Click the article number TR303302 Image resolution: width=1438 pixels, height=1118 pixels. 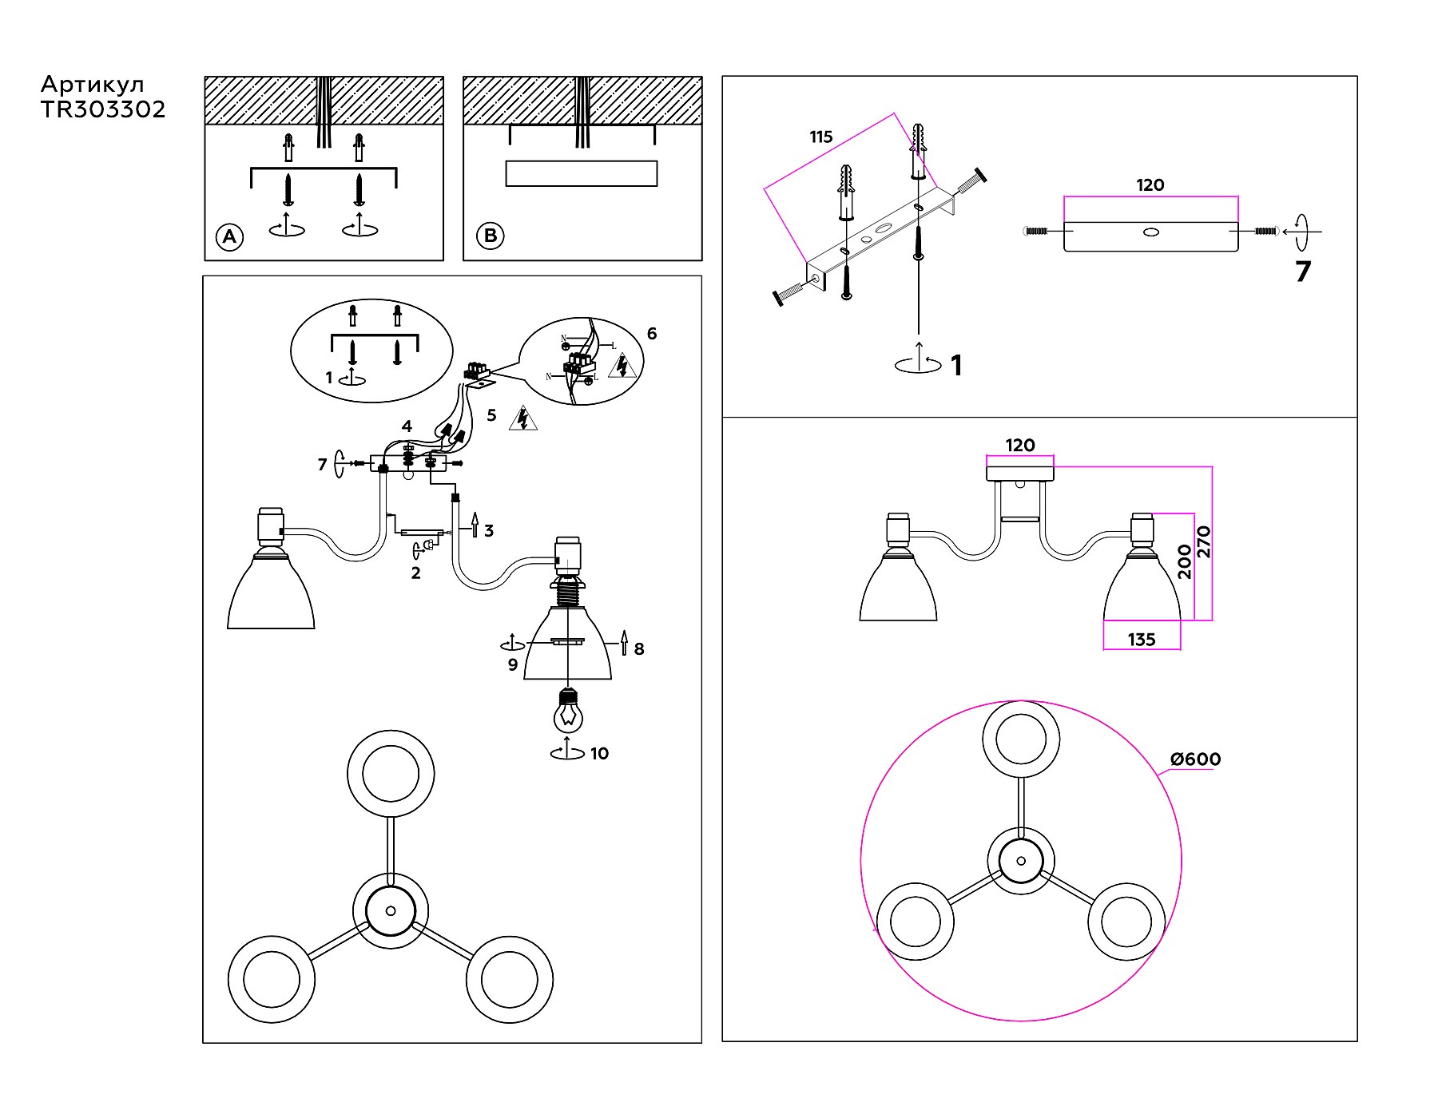103,109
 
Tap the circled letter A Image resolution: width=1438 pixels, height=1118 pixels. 230,236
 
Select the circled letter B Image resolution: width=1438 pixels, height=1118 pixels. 491,236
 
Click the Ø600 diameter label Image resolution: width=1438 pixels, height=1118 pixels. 1195,759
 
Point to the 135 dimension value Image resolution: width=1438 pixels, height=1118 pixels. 1142,640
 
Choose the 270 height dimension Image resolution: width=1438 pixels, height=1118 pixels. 1204,541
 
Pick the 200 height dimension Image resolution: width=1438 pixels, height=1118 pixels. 1184,561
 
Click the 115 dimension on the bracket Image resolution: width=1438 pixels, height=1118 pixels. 820,137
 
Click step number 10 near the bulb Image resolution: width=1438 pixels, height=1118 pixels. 599,754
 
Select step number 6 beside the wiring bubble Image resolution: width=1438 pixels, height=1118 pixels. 652,334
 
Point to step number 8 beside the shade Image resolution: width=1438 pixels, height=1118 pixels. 639,649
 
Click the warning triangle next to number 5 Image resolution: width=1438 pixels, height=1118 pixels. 523,418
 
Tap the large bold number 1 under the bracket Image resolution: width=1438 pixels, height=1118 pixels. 956,366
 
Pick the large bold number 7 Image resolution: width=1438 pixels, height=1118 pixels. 1303,272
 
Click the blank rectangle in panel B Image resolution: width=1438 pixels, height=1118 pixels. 582,173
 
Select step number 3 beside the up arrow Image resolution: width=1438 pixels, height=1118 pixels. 489,531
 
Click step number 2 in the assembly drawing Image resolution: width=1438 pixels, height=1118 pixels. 415,573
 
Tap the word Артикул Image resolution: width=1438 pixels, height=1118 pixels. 93,85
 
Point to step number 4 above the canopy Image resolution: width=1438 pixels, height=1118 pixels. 407,426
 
